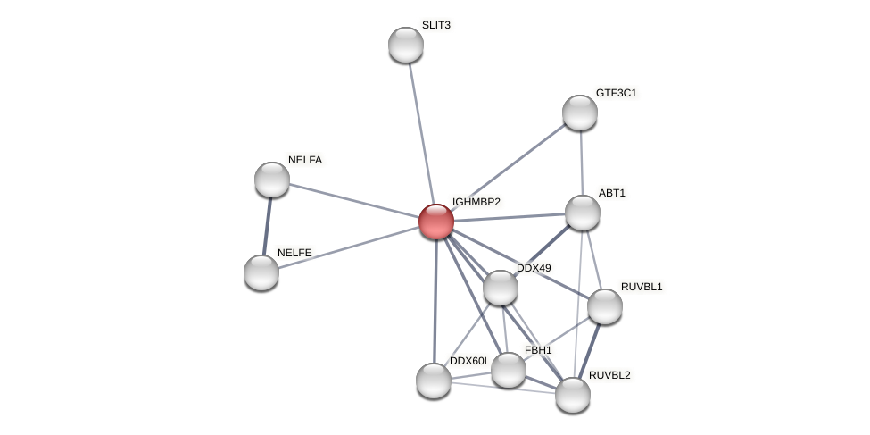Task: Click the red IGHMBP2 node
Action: [436, 222]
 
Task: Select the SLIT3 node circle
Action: [406, 45]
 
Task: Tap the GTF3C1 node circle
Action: [580, 113]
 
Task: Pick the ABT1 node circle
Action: [583, 213]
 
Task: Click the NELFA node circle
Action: [272, 180]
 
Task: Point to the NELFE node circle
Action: [261, 272]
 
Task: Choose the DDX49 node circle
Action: [501, 288]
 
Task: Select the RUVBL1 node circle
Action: [605, 306]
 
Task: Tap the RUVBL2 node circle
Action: [573, 395]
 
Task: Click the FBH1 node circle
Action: [509, 370]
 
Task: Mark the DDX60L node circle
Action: [434, 381]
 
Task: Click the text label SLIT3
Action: [436, 25]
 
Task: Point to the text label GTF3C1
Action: [617, 93]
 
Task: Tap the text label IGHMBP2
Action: [476, 202]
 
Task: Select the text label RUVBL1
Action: [642, 287]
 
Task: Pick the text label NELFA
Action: [305, 160]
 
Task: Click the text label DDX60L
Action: [469, 361]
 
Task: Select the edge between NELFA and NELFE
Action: [267, 226]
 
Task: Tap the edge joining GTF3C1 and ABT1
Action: [581, 163]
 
